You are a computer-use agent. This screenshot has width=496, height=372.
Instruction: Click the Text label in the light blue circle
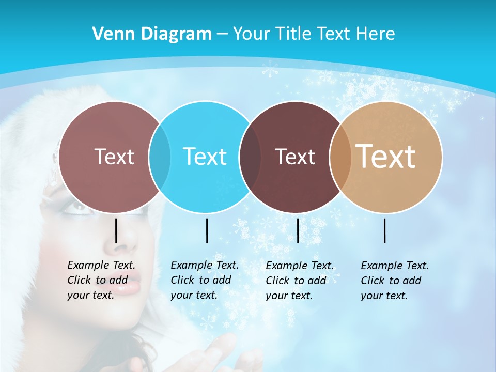click(205, 156)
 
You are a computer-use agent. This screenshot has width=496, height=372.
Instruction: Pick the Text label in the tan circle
click(386, 156)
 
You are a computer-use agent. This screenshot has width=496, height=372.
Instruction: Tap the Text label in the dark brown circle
click(295, 157)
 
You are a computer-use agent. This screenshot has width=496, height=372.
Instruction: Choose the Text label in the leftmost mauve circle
click(114, 156)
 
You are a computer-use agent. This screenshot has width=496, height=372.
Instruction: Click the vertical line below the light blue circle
click(207, 230)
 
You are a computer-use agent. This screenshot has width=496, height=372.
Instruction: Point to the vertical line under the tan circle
click(385, 230)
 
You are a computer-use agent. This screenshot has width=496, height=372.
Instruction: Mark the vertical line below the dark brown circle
click(298, 230)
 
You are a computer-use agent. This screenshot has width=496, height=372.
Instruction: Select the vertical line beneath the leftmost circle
click(116, 230)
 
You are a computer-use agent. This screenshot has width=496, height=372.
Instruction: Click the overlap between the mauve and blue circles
click(160, 157)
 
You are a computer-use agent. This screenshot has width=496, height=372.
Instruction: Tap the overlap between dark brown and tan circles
click(340, 157)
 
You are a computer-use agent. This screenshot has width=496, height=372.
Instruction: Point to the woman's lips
click(129, 285)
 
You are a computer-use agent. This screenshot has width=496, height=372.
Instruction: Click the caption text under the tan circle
click(395, 281)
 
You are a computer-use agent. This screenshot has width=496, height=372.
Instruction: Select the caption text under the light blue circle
click(205, 280)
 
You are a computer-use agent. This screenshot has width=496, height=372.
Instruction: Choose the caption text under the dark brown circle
click(300, 281)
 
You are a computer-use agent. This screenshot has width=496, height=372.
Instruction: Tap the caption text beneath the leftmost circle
click(101, 280)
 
